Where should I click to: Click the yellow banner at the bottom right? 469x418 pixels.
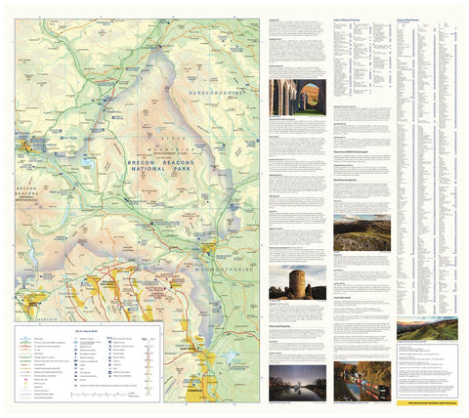(x=426, y=400)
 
